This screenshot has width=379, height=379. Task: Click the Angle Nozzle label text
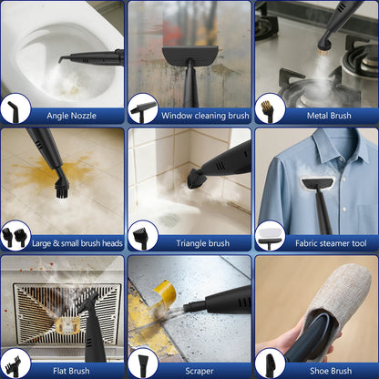[71, 116]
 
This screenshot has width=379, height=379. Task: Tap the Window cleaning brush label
[205, 116]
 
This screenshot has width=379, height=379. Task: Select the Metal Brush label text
[329, 116]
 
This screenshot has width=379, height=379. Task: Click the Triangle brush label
[202, 243]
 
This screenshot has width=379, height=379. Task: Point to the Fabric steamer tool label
[331, 243]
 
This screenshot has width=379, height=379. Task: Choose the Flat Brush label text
[71, 371]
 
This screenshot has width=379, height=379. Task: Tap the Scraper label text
[200, 371]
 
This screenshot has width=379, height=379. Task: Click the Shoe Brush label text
[331, 371]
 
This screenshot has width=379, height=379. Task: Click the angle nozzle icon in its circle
[14, 111]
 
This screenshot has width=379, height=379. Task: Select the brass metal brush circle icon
[267, 111]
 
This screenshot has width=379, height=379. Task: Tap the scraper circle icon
[143, 365]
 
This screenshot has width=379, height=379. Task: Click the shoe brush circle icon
[271, 365]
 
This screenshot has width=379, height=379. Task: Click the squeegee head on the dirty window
[190, 56]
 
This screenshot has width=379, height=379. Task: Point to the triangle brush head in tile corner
[194, 179]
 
